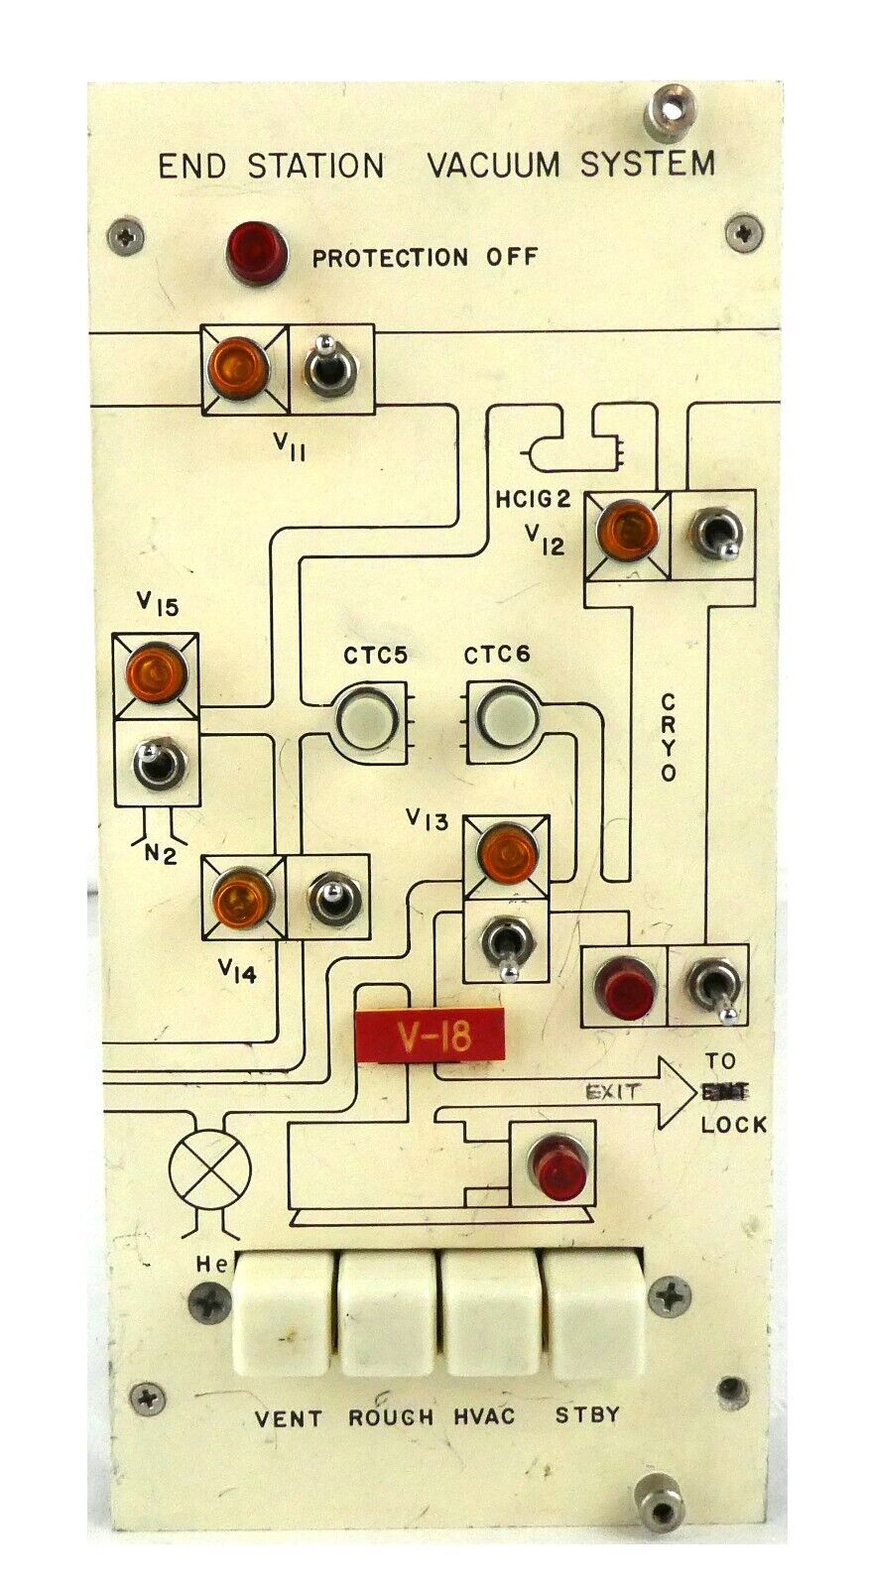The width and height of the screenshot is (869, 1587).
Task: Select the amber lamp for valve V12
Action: (627, 532)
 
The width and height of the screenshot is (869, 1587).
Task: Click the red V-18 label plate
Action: (431, 1036)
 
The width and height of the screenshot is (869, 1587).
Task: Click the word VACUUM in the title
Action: (492, 165)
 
